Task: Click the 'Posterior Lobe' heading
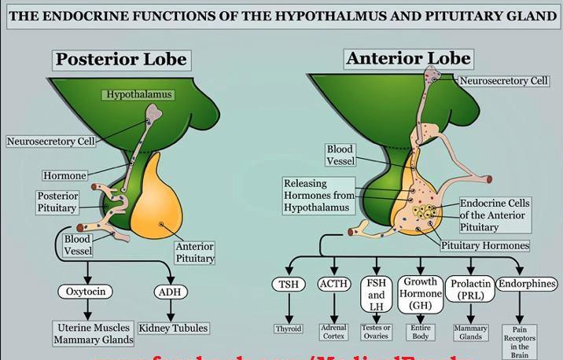tap(120, 59)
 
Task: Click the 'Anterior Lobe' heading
tap(408, 58)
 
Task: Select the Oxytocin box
tap(85, 292)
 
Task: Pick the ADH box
tap(172, 292)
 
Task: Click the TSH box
tap(287, 285)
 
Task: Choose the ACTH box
tap(334, 284)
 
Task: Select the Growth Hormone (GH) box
tap(421, 293)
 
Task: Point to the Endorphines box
tap(527, 284)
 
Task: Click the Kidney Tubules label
tap(173, 328)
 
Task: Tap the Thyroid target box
tap(289, 329)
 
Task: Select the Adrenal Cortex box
tap(334, 332)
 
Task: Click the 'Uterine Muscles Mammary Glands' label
tap(94, 333)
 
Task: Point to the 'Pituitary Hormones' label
tap(484, 245)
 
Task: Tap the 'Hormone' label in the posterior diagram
tap(65, 176)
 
